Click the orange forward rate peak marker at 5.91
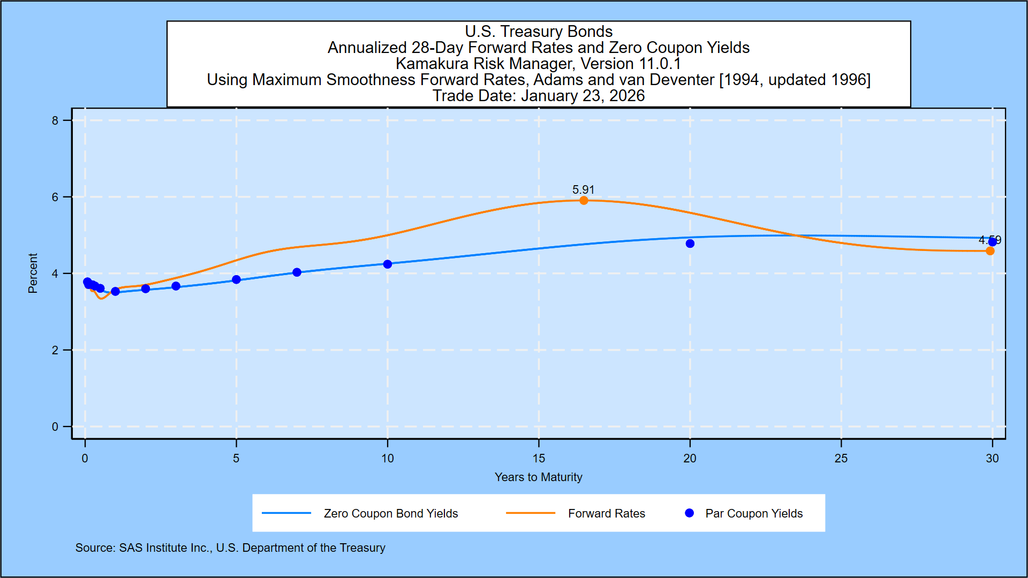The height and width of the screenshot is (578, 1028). point(584,201)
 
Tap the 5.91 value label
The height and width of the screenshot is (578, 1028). point(583,190)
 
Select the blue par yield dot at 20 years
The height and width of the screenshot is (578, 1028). point(690,244)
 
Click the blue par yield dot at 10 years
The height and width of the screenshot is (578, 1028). point(388,264)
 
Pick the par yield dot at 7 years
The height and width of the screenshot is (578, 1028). point(297,272)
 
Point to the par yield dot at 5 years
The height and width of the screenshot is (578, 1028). point(236,280)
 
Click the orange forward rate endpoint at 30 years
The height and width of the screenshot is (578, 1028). point(990,251)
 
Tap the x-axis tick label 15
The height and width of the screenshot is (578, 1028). point(539,459)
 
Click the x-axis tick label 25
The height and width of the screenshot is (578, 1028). point(841,459)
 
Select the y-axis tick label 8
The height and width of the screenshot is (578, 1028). point(55,121)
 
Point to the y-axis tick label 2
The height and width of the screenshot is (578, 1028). point(55,351)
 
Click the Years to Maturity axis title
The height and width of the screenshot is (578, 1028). point(538,477)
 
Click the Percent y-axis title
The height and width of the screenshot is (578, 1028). point(33,273)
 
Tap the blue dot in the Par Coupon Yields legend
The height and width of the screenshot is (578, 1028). point(690,513)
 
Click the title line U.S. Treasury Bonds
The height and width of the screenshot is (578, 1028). point(539,32)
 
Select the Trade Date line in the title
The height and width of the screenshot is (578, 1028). point(539,96)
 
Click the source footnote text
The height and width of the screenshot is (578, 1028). point(230,548)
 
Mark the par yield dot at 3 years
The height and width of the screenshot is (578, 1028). point(176,286)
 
